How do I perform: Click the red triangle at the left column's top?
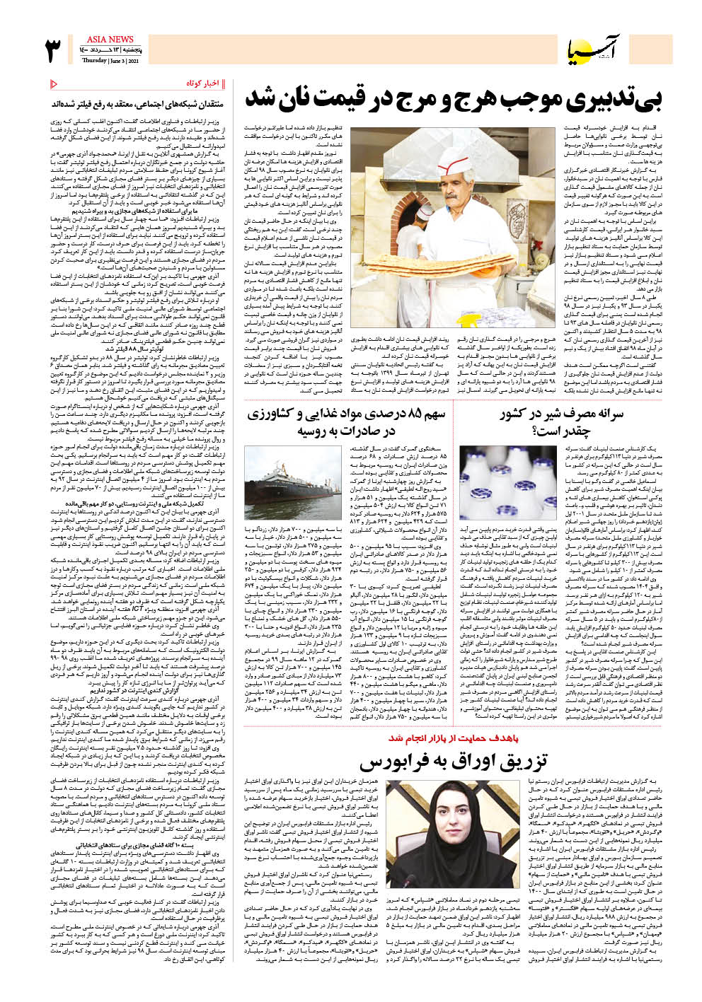click(x=54, y=84)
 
